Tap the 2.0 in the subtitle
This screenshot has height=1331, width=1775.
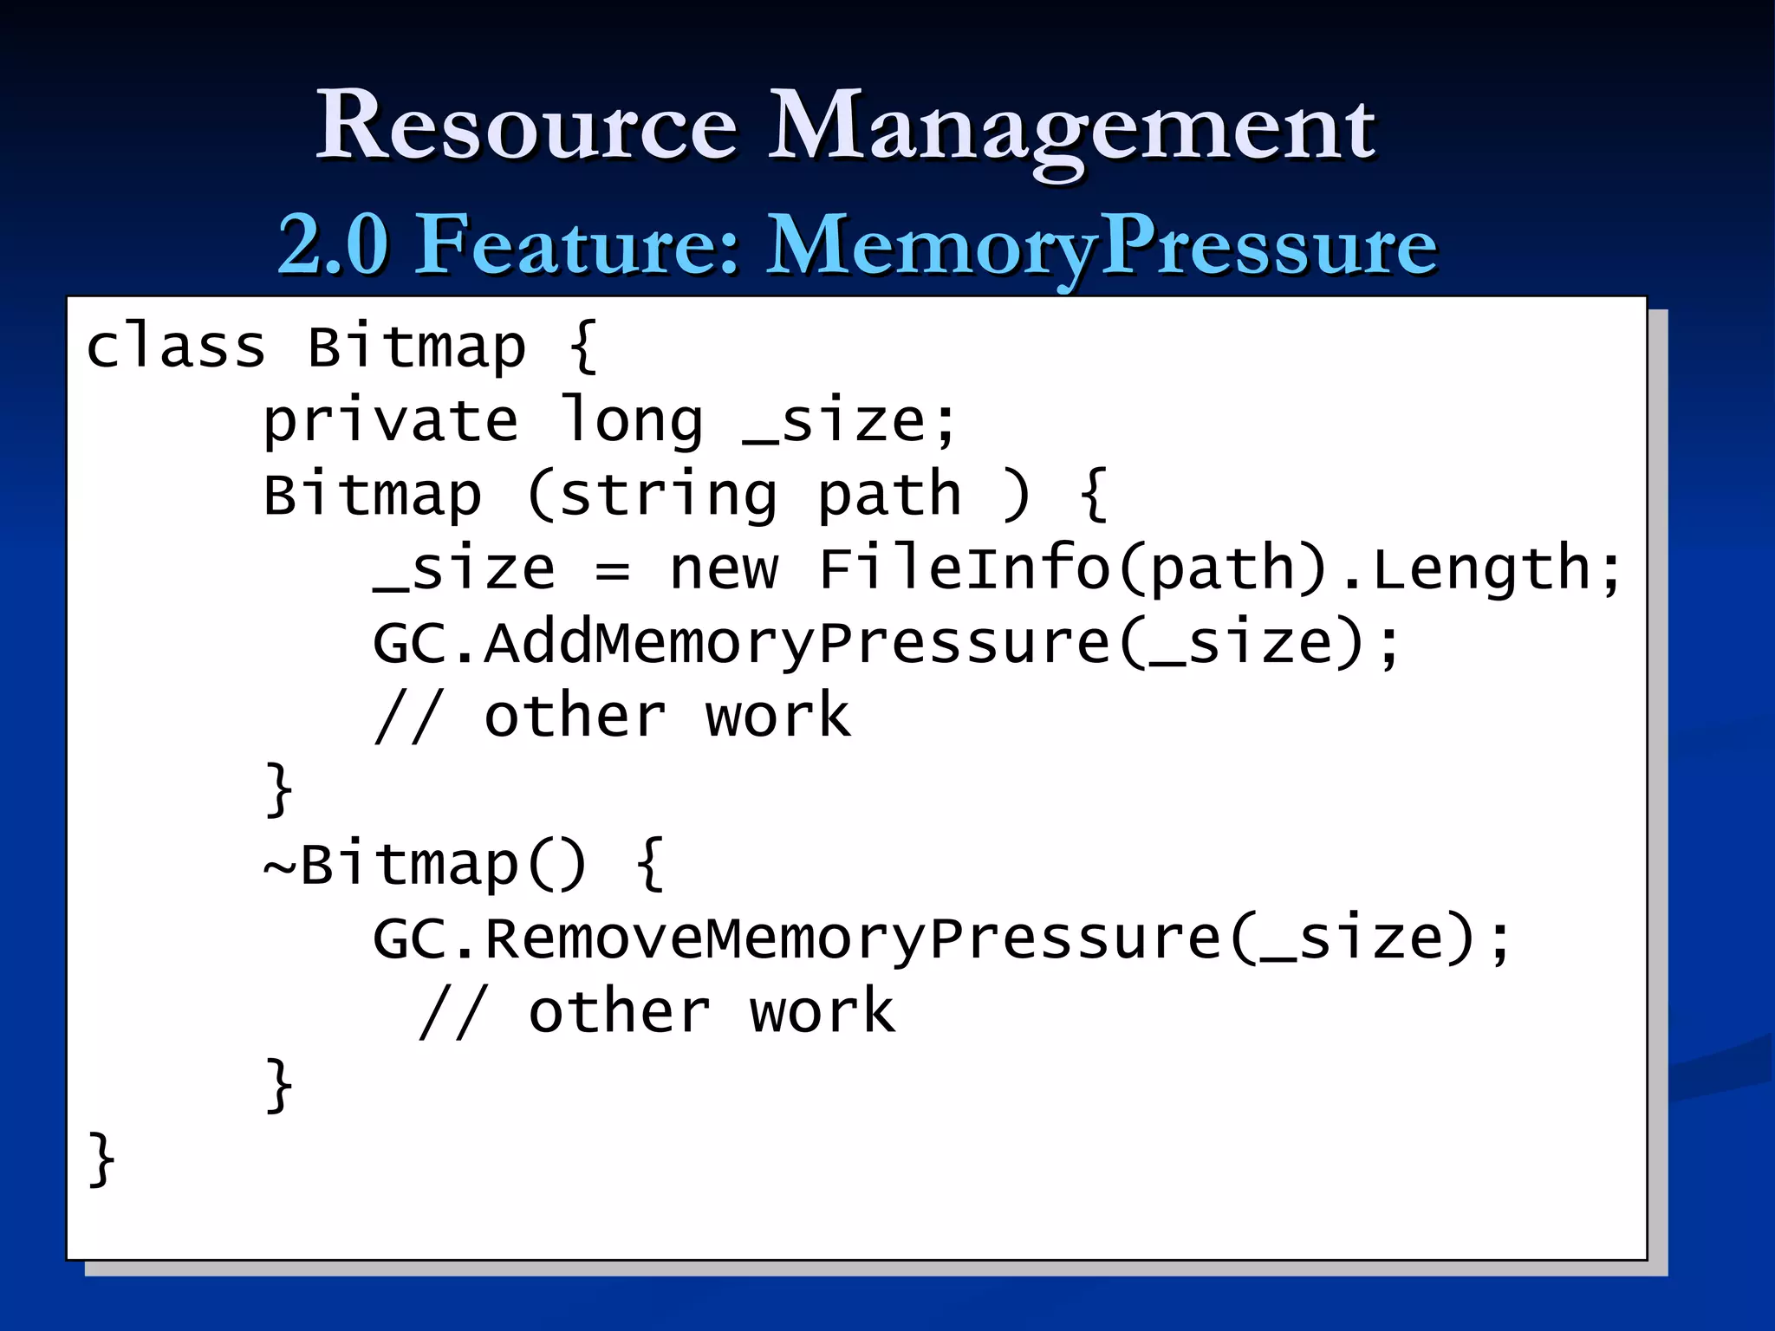coord(333,245)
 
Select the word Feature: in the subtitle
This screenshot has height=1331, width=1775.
coord(577,245)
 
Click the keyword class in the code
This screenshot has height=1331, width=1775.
coord(176,347)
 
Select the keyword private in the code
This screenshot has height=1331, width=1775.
coord(391,421)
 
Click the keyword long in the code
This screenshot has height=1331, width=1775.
coord(632,421)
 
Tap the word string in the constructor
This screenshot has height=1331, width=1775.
coord(668,495)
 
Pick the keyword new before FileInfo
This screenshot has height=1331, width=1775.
coord(724,569)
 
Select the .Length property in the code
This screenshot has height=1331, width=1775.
coord(1473,569)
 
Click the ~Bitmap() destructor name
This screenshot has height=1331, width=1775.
coord(425,865)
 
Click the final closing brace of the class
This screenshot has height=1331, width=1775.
coord(101,1159)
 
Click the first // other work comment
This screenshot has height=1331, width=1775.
coord(612,717)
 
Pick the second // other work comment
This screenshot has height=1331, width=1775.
coord(656,1012)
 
